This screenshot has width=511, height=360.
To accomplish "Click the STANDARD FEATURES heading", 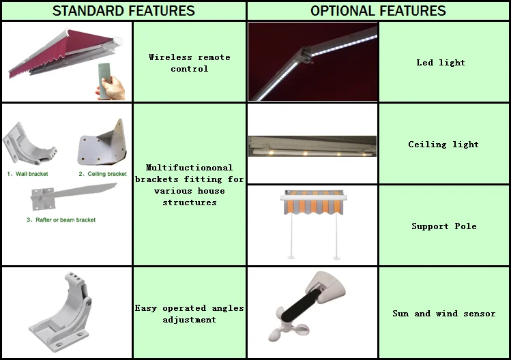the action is pyautogui.click(x=123, y=11).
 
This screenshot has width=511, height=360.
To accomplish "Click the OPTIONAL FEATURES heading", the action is pyautogui.click(x=378, y=11).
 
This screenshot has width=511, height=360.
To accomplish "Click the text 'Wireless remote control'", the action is pyautogui.click(x=190, y=63).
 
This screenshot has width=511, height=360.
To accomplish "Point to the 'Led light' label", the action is pyautogui.click(x=441, y=63).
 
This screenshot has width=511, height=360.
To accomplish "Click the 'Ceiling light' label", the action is pyautogui.click(x=443, y=145).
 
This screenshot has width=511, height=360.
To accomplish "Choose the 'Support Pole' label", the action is pyautogui.click(x=444, y=226).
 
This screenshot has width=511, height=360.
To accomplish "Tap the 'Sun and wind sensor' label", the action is pyautogui.click(x=444, y=314).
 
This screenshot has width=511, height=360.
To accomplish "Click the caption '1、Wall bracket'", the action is pyautogui.click(x=27, y=174).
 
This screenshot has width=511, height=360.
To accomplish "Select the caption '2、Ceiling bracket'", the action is pyautogui.click(x=102, y=174).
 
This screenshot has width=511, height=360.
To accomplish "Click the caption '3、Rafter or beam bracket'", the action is pyautogui.click(x=61, y=220).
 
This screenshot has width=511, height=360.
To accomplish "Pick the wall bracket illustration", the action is pyautogui.click(x=29, y=144).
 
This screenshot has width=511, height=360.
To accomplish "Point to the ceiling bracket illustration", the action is pyautogui.click(x=102, y=143).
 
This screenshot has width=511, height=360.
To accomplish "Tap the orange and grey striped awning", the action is pyautogui.click(x=314, y=202).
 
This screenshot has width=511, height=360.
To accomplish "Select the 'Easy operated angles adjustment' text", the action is pyautogui.click(x=190, y=314).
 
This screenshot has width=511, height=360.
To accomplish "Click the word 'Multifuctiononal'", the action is pyautogui.click(x=190, y=168).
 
